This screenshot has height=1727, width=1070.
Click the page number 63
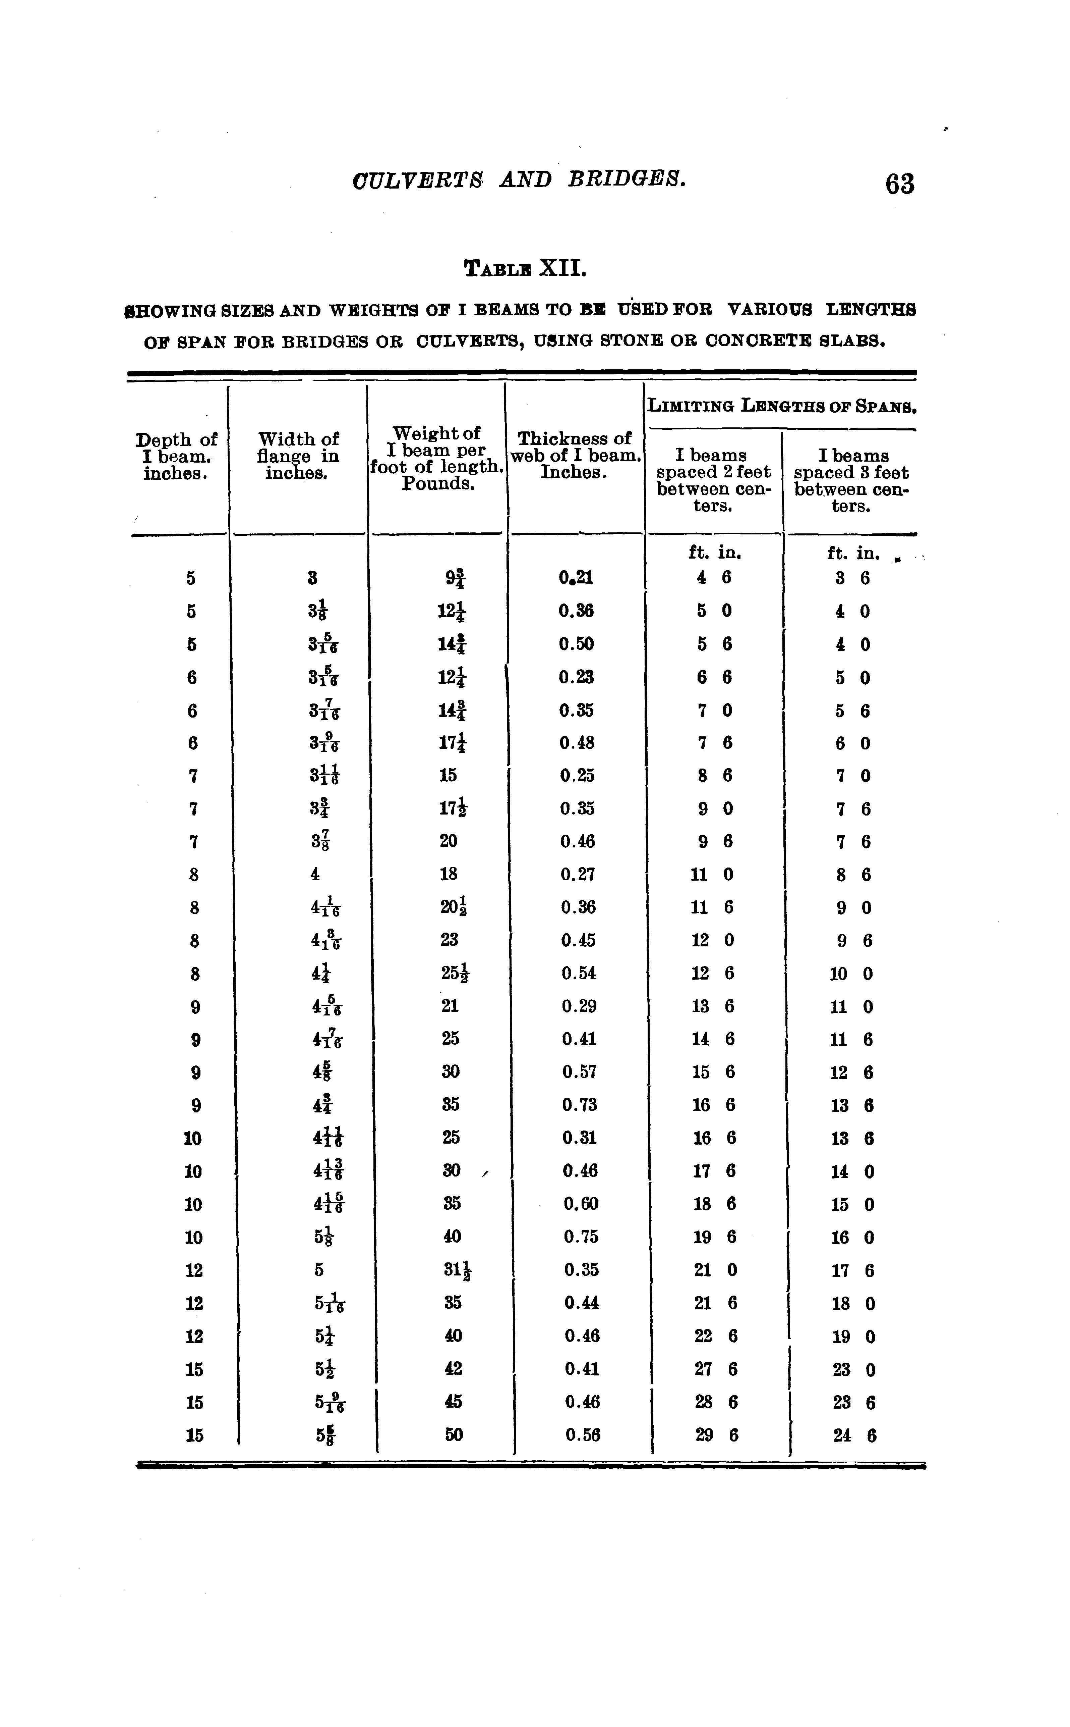click(x=899, y=184)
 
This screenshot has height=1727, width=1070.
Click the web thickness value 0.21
click(x=575, y=578)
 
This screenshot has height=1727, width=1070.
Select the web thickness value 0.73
click(x=580, y=1105)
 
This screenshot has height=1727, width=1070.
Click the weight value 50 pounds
click(x=454, y=1434)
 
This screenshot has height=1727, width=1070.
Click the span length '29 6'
click(x=716, y=1434)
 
